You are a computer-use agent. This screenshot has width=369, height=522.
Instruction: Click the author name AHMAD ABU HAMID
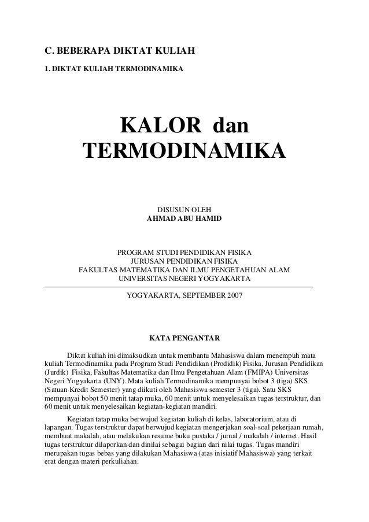click(184, 219)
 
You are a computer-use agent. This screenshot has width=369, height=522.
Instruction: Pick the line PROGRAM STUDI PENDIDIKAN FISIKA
click(184, 253)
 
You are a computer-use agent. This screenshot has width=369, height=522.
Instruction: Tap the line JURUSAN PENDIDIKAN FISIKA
click(184, 261)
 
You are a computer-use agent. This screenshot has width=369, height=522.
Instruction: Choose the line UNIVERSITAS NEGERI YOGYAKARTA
click(184, 279)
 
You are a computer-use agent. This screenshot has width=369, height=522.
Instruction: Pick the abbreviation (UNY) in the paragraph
click(104, 382)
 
